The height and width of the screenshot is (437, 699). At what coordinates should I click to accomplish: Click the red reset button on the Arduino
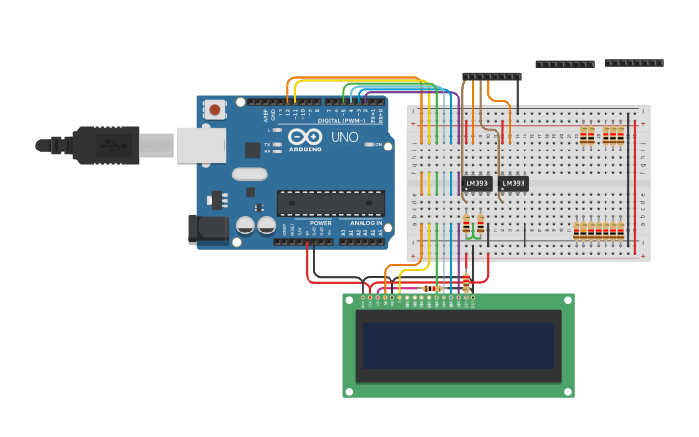coord(214,110)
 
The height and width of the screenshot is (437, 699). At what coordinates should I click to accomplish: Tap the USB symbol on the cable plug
coord(114,146)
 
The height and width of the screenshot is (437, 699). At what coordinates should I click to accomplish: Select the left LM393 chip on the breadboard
coord(477,183)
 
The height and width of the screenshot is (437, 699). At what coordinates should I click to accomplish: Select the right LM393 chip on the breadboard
coord(514,183)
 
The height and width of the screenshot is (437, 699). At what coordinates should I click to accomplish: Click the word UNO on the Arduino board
coord(344,137)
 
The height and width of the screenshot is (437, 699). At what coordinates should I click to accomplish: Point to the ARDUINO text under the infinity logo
coord(305,149)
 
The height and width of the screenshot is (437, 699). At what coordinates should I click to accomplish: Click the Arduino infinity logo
coord(305,136)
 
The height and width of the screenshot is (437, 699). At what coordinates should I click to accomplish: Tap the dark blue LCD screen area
coord(458,345)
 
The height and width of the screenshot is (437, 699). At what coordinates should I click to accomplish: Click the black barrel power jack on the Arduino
coord(207,229)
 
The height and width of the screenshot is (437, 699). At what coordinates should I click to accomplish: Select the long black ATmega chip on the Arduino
coord(331,203)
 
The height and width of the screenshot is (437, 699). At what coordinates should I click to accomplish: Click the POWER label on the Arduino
coord(320,223)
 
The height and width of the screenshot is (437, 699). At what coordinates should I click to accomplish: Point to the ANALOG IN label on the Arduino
coord(365,223)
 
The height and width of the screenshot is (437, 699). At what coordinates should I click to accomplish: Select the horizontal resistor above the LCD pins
coord(431,287)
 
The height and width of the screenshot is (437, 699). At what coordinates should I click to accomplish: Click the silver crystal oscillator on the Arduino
coord(249,175)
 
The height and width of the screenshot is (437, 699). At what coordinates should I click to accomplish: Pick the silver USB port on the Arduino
coord(201,146)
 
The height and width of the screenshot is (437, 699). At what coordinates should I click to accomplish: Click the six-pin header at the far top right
coord(633,63)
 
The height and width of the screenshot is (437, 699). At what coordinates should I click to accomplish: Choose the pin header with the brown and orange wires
coord(491,76)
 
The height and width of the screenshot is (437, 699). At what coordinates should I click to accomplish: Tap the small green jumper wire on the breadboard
coord(472,235)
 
